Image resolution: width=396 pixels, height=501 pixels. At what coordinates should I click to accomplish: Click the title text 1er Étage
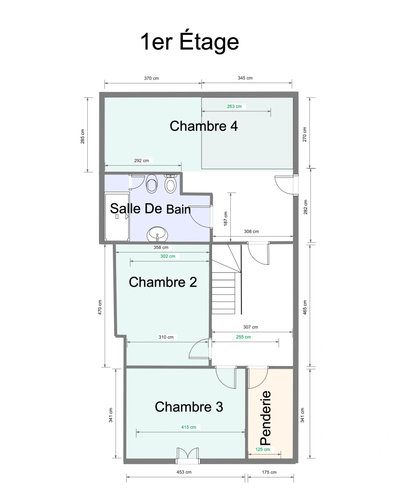tap(189, 42)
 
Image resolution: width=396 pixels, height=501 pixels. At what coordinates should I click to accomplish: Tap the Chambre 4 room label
tap(204, 126)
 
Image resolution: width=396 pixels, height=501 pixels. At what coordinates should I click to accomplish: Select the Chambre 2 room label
tap(162, 282)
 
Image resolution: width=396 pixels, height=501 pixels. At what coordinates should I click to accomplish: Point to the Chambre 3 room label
tap(188, 407)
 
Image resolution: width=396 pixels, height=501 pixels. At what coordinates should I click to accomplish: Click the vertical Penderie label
tap(266, 417)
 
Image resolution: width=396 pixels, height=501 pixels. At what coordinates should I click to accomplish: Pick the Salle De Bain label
tap(150, 209)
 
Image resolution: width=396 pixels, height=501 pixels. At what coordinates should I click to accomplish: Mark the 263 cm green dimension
tap(234, 106)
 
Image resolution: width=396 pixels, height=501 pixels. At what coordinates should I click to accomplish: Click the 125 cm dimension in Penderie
tap(263, 450)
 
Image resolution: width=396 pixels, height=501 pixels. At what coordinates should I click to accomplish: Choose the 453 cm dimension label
tap(184, 472)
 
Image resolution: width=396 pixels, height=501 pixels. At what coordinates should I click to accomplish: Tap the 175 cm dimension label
tap(269, 472)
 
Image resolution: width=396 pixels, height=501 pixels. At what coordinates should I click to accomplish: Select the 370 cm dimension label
tap(151, 78)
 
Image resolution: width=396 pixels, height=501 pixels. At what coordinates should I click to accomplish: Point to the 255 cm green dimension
tap(243, 337)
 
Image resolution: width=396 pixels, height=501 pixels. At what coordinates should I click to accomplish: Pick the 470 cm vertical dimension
tap(100, 307)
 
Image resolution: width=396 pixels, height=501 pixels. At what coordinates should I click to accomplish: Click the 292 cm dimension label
tap(141, 161)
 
